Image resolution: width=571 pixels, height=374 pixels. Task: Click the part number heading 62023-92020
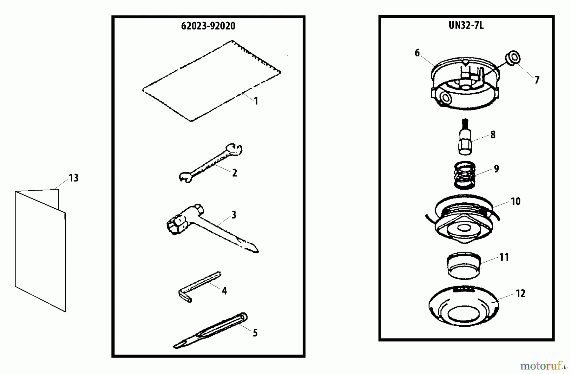208,26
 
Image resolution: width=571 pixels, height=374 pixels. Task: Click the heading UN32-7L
466,25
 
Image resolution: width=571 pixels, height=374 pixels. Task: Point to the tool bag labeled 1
211,81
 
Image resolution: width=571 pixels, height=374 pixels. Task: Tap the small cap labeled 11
463,266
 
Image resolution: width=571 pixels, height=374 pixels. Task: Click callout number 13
74,178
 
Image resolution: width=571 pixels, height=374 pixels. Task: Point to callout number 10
515,201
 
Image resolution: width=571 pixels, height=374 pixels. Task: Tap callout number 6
417,53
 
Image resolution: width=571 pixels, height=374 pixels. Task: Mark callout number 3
234,215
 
